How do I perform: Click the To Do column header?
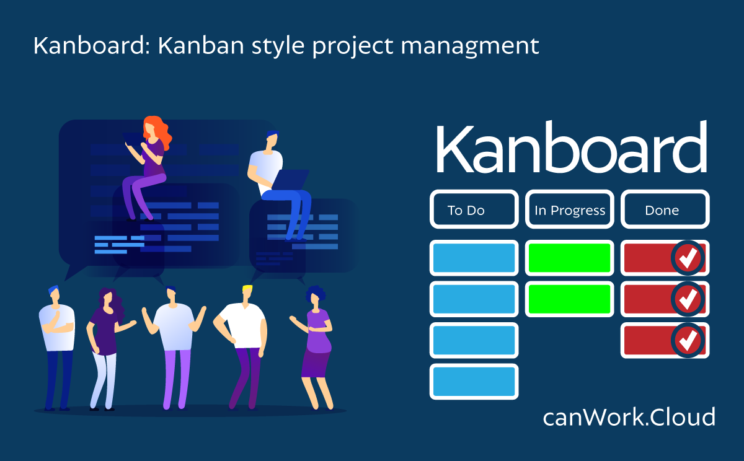(x=474, y=209)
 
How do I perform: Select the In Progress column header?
(x=570, y=209)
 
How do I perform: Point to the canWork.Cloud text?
(x=629, y=416)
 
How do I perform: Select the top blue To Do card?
(x=474, y=258)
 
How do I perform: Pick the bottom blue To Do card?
(x=474, y=381)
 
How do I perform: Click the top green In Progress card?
(x=570, y=258)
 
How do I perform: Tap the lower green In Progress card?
(x=570, y=299)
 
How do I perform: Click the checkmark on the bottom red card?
(x=688, y=340)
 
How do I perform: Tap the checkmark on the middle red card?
(x=688, y=299)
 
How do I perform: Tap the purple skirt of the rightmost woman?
(x=316, y=362)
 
